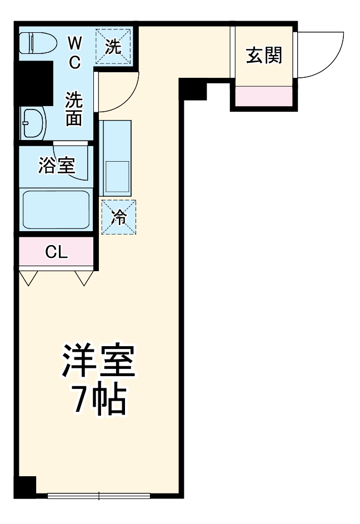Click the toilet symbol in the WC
coord(36,42)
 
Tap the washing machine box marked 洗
coord(114,47)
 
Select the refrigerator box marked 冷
coord(118,217)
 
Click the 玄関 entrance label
coord(264,55)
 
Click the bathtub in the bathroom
coord(56,209)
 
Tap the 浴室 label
coord(56,165)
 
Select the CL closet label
coord(56,253)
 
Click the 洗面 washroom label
coord(74,109)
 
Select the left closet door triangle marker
coord(28,278)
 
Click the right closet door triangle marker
coord(83,278)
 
